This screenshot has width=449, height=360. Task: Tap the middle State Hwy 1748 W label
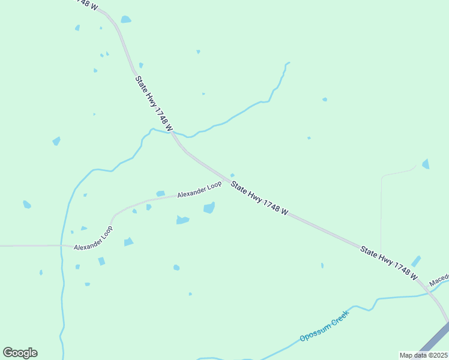[x=260, y=199]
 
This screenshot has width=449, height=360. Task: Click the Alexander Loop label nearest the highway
[x=199, y=191]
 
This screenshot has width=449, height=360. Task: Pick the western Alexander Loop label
[x=93, y=239]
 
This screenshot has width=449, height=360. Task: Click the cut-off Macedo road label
[x=439, y=280]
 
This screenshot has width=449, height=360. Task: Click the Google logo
[x=20, y=353]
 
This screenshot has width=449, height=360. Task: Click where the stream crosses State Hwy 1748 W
[x=174, y=133]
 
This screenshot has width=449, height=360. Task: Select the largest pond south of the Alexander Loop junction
[x=209, y=208]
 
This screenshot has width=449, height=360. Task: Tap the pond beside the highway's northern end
[x=125, y=20]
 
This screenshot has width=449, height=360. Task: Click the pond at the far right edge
[x=426, y=164]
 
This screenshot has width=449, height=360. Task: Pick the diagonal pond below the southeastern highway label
[x=415, y=261]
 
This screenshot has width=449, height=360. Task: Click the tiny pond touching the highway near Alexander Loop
[x=232, y=175]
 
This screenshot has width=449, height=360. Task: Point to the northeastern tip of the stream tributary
[x=289, y=62]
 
